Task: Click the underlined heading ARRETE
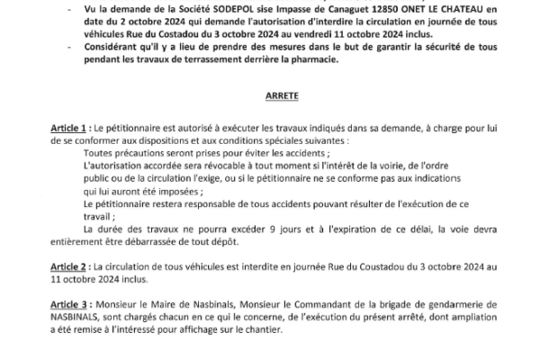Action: click(270, 93)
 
